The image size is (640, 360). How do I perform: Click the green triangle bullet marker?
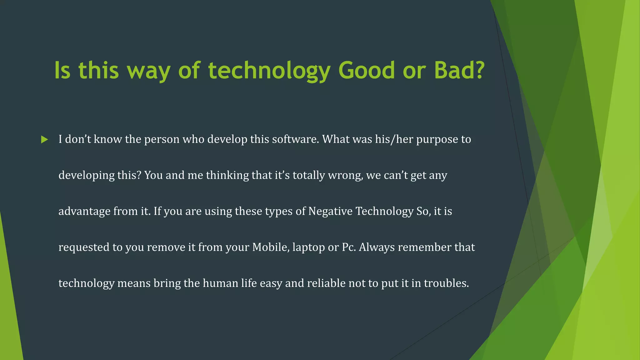44,140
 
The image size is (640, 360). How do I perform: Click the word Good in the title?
367,70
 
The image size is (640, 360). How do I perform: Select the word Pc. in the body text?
349,247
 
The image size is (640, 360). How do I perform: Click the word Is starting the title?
62,70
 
